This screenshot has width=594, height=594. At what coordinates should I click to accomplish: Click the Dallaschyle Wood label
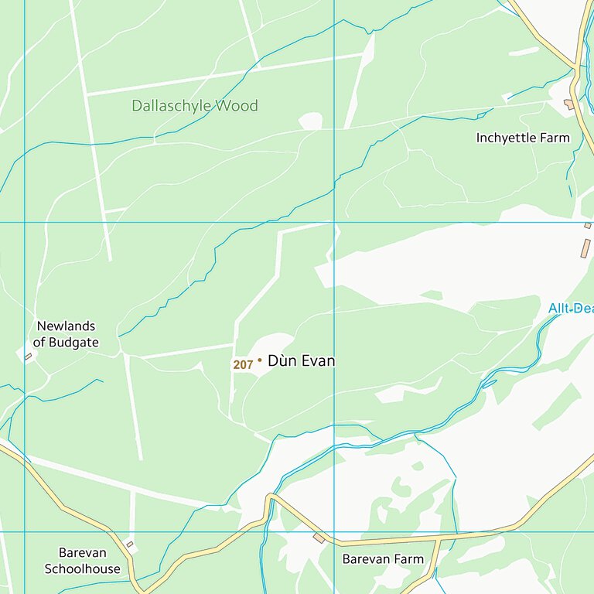coord(194,106)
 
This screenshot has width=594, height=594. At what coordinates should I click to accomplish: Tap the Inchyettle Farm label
coord(523,138)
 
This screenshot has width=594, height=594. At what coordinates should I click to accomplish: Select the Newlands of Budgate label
coord(66,334)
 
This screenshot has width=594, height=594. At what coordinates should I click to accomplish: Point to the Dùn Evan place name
coord(301,360)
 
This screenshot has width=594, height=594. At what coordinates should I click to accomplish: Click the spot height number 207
coord(243,364)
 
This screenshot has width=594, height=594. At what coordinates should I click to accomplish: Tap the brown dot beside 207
coord(259,360)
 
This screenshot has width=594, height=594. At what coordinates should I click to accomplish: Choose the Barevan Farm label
coord(383,558)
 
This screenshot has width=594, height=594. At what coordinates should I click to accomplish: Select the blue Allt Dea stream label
coord(571,309)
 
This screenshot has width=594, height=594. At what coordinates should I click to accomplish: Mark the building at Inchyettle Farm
coord(570,104)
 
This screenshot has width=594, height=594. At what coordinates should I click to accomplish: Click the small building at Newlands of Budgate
coord(29,357)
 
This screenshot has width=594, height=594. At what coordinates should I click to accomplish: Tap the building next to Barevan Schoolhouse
coord(129,544)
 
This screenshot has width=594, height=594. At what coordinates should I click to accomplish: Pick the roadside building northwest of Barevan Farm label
coord(319,538)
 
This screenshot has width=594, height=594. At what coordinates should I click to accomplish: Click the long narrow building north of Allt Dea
coord(585,248)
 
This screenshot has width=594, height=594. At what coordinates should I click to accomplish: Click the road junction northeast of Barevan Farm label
coord(440,538)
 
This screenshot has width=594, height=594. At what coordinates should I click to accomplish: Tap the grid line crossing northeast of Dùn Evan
coord(334,223)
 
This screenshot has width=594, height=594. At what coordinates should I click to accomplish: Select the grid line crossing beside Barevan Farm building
coord(334,532)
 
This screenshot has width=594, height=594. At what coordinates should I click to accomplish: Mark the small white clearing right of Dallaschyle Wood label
coord(310,121)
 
